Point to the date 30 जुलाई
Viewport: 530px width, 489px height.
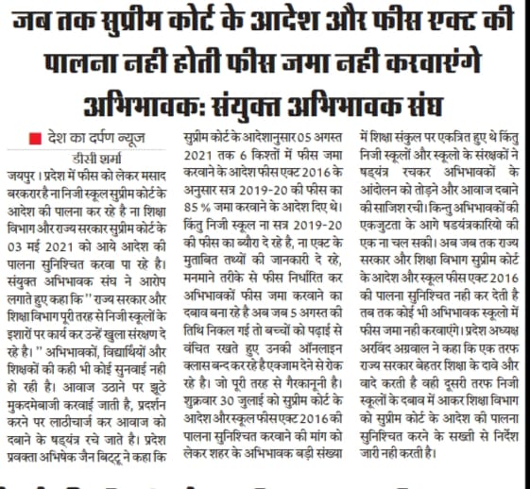pyautogui.click(x=251, y=391)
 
